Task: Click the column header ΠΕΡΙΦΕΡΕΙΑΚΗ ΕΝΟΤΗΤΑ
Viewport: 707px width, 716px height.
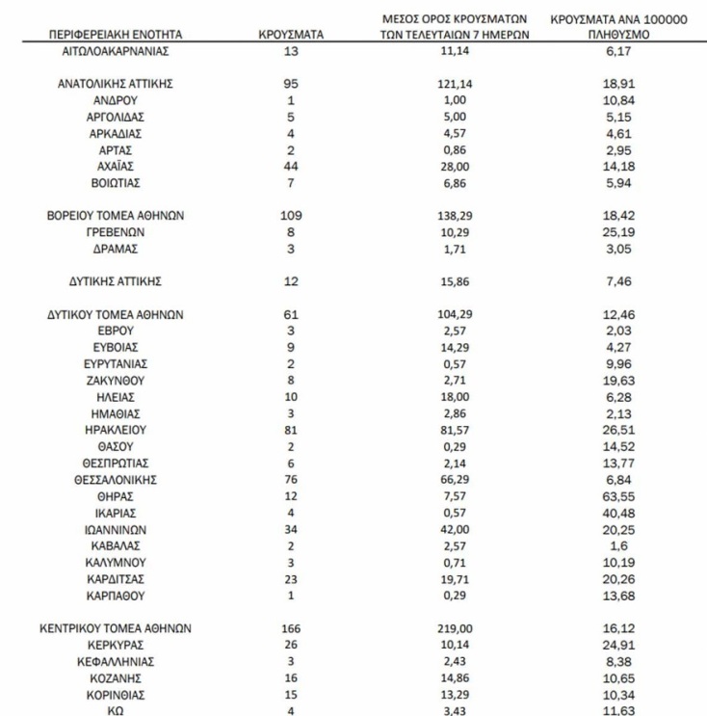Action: click(x=115, y=34)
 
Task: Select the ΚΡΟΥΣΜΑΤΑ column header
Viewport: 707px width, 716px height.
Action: click(x=291, y=34)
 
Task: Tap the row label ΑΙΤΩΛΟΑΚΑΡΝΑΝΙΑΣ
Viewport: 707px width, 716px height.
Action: click(x=115, y=50)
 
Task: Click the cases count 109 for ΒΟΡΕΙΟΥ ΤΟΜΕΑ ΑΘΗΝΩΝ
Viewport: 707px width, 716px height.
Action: click(x=291, y=216)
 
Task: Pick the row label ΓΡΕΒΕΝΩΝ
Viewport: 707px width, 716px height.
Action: click(x=115, y=232)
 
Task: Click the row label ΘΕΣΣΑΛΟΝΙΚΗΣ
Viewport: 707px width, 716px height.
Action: click(x=115, y=479)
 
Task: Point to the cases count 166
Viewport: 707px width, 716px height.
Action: click(x=291, y=627)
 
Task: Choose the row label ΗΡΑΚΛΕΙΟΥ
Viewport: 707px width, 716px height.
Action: click(x=115, y=430)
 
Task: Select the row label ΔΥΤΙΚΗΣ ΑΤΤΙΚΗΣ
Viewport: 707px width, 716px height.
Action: click(x=115, y=281)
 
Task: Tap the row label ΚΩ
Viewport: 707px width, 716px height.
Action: click(x=115, y=710)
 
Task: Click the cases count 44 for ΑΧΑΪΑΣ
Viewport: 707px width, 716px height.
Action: click(x=291, y=166)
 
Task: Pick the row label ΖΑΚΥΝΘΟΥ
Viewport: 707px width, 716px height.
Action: click(x=115, y=381)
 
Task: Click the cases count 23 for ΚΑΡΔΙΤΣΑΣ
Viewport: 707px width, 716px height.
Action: click(x=291, y=578)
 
